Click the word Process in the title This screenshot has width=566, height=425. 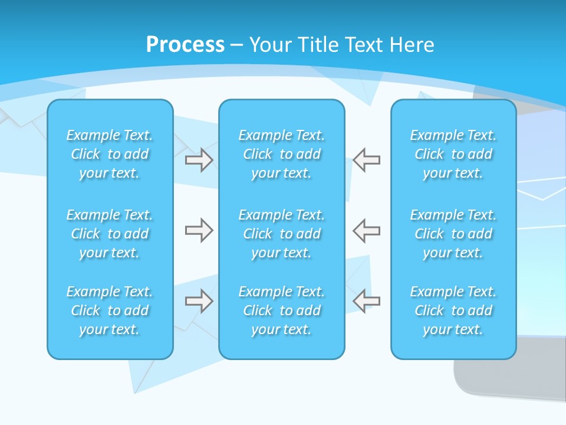pyautogui.click(x=185, y=45)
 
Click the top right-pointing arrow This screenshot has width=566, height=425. pyautogui.click(x=199, y=160)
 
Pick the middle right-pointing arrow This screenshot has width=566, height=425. pyautogui.click(x=199, y=230)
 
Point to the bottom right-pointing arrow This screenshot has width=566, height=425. pyautogui.click(x=199, y=301)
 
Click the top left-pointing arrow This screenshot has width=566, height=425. pyautogui.click(x=367, y=160)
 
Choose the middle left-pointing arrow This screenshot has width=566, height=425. pyautogui.click(x=367, y=230)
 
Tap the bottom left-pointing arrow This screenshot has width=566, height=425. pyautogui.click(x=367, y=301)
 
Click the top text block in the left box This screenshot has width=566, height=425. pyautogui.click(x=110, y=154)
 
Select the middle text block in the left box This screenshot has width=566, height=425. pyautogui.click(x=110, y=234)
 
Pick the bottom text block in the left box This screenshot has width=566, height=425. pyautogui.click(x=110, y=310)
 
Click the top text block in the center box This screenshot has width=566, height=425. pyautogui.click(x=282, y=154)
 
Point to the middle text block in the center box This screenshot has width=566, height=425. pyautogui.click(x=282, y=234)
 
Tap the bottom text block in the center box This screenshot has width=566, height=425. pyautogui.click(x=282, y=310)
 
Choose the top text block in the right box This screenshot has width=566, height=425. pyautogui.click(x=453, y=154)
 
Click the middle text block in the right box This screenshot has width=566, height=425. pyautogui.click(x=453, y=234)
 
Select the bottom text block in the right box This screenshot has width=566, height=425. pyautogui.click(x=453, y=310)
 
